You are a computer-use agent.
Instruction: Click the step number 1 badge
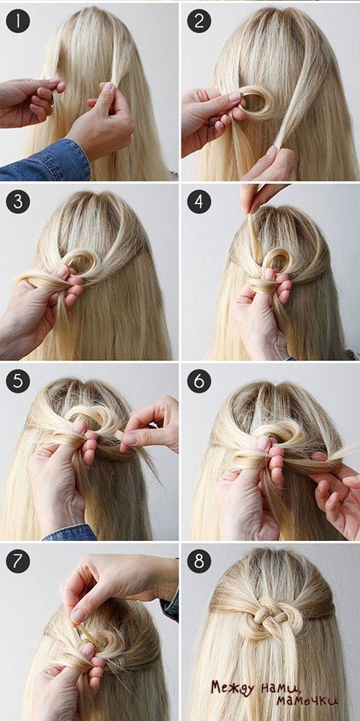18,21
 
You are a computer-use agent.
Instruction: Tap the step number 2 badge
199,21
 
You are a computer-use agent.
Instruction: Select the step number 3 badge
18,202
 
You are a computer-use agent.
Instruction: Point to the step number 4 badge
199,202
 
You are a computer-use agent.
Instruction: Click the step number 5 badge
18,382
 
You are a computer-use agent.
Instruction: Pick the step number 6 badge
199,382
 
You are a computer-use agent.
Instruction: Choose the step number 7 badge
18,562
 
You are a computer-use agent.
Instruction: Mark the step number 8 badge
199,562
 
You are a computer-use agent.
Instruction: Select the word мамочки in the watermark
307,702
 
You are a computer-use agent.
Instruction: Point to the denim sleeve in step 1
45,161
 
